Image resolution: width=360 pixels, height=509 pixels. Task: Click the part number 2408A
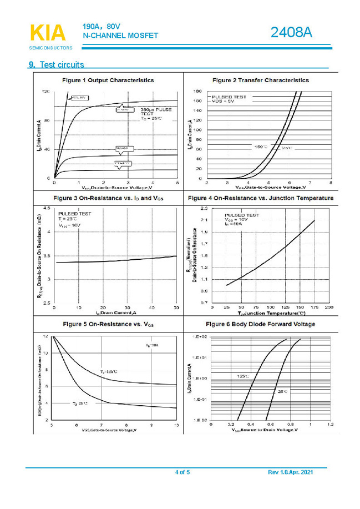291,33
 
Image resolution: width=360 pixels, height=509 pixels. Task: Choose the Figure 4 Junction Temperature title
261,198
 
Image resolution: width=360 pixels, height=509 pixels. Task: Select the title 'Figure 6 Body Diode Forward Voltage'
260,324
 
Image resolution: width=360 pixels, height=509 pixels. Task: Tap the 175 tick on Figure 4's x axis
315,307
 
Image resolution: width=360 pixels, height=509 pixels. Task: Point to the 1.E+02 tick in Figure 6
200,337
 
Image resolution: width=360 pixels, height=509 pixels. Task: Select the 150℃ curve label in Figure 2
260,147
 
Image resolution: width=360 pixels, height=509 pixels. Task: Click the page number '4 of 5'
182,472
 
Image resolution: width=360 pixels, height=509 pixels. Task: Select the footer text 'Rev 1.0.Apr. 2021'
290,472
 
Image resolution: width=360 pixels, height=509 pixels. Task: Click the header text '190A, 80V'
102,26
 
